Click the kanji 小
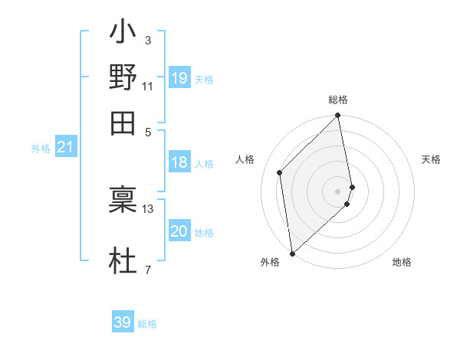123,34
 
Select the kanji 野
123,78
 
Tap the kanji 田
123,121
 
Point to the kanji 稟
123,201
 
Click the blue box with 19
179,78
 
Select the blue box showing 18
179,162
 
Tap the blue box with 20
179,232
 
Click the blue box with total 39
123,322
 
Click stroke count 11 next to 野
148,85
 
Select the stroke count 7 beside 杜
148,269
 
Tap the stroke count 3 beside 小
148,41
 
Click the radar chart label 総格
338,100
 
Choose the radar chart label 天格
431,159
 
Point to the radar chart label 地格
402,263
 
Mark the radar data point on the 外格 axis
292,254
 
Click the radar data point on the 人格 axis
280,172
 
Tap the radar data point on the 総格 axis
338,116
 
